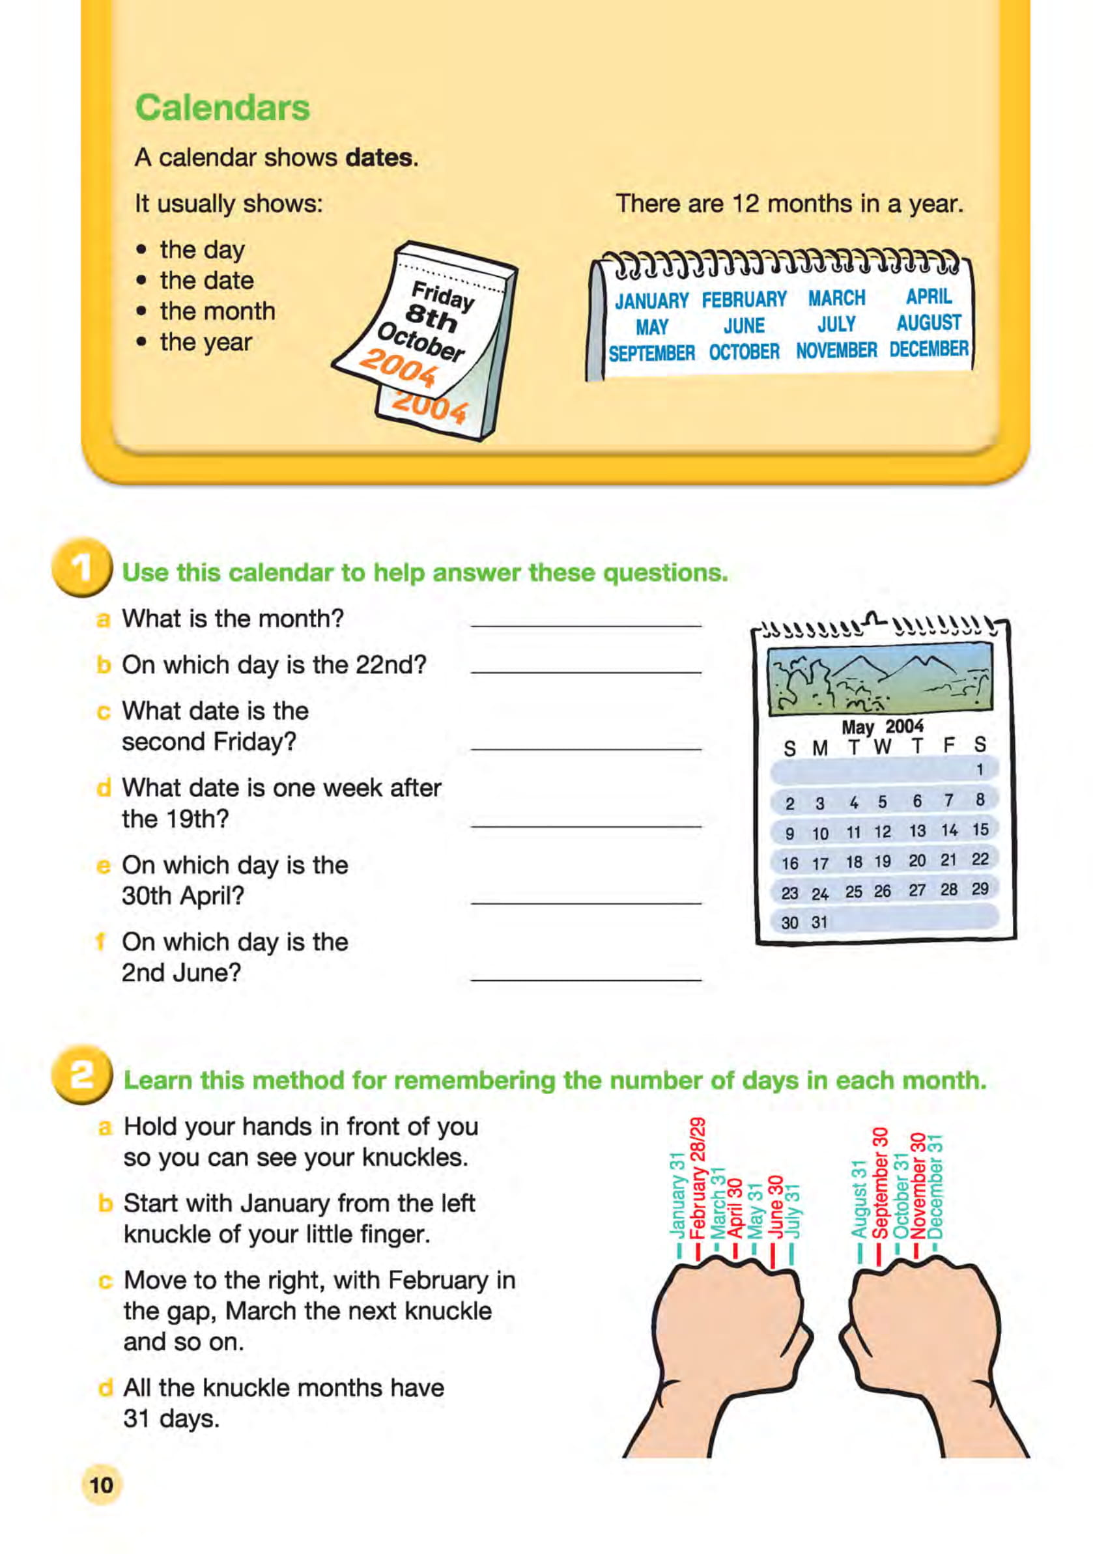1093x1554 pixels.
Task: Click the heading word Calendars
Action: click(222, 107)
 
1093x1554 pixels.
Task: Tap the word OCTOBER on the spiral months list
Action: click(744, 352)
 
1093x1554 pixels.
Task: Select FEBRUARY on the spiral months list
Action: click(744, 299)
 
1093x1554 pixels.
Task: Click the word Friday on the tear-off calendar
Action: click(443, 296)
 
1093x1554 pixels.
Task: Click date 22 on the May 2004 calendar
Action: click(979, 859)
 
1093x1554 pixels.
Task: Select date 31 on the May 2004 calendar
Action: click(819, 922)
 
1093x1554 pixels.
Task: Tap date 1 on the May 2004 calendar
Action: click(978, 769)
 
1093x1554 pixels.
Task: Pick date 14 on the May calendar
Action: click(949, 830)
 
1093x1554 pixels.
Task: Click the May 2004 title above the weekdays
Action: click(882, 727)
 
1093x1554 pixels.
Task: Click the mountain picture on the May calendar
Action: click(879, 677)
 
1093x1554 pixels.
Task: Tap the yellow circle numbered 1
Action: click(81, 569)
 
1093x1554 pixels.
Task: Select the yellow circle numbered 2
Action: click(81, 1075)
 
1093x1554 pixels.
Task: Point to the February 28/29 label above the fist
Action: click(697, 1178)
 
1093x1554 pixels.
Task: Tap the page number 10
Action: click(102, 1485)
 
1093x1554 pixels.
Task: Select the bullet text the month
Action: click(218, 311)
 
